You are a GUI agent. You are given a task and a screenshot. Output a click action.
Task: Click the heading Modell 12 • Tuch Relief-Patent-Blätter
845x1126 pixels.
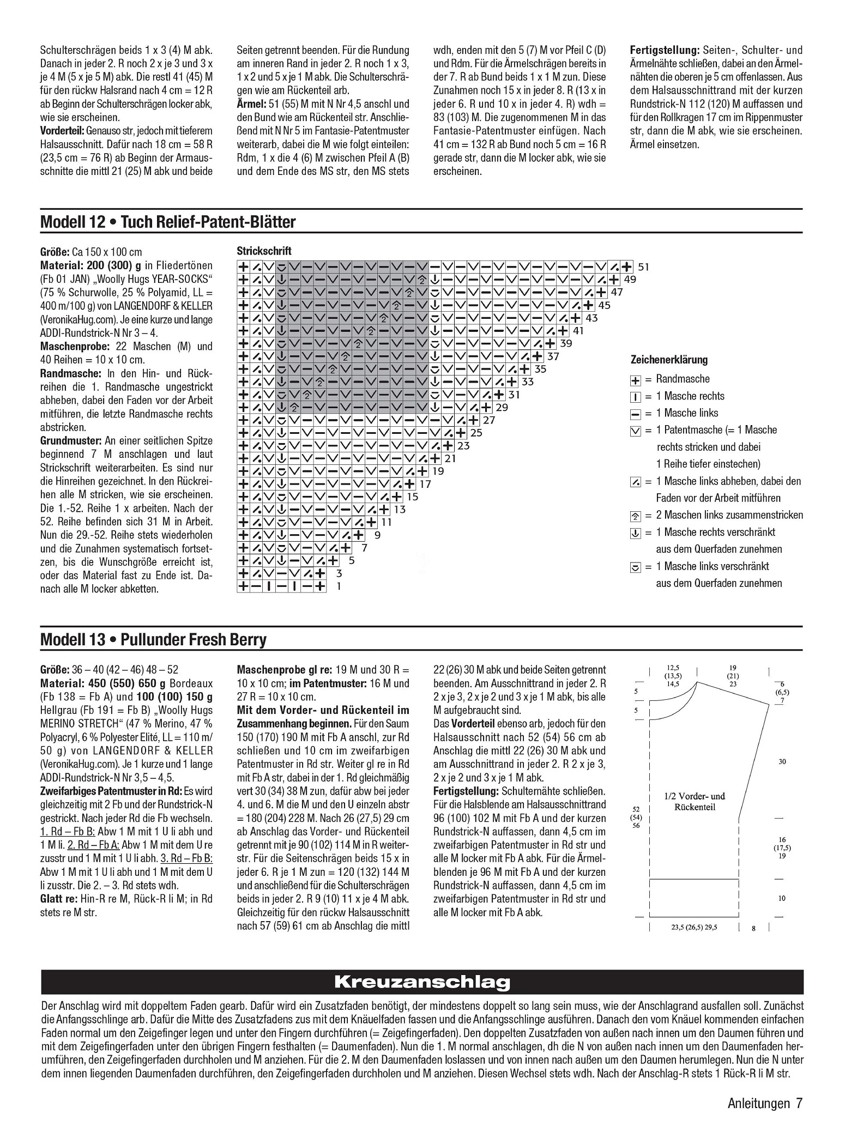pyautogui.click(x=168, y=222)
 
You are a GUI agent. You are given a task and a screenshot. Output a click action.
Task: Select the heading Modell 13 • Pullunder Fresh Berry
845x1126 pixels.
pyautogui.click(x=153, y=639)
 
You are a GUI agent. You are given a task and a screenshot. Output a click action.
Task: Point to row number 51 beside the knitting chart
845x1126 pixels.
pyautogui.click(x=644, y=267)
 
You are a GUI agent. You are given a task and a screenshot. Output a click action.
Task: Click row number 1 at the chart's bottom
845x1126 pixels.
pyautogui.click(x=339, y=586)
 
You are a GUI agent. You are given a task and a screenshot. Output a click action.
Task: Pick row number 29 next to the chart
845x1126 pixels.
pyautogui.click(x=502, y=407)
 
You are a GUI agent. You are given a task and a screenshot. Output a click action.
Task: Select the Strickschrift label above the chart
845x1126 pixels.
pyautogui.click(x=264, y=251)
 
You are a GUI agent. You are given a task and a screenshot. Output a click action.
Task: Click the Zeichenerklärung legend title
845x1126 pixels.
pyautogui.click(x=669, y=360)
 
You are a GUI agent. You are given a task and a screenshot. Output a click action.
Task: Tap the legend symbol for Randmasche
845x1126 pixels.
pyautogui.click(x=635, y=380)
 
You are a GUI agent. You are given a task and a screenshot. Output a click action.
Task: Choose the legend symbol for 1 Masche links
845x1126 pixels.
pyautogui.click(x=635, y=414)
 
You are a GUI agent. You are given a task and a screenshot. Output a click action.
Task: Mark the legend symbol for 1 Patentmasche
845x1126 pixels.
pyautogui.click(x=635, y=431)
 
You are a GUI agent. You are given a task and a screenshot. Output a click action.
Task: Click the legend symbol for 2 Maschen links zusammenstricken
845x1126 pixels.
pyautogui.click(x=635, y=516)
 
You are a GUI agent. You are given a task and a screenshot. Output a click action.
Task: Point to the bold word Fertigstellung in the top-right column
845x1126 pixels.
pyautogui.click(x=665, y=50)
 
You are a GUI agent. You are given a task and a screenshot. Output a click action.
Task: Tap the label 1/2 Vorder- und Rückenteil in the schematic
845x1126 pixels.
pyautogui.click(x=695, y=801)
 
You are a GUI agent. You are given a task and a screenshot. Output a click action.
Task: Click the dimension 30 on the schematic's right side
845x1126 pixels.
pyautogui.click(x=782, y=761)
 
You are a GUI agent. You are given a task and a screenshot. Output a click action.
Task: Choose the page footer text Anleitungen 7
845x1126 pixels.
pyautogui.click(x=765, y=1104)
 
